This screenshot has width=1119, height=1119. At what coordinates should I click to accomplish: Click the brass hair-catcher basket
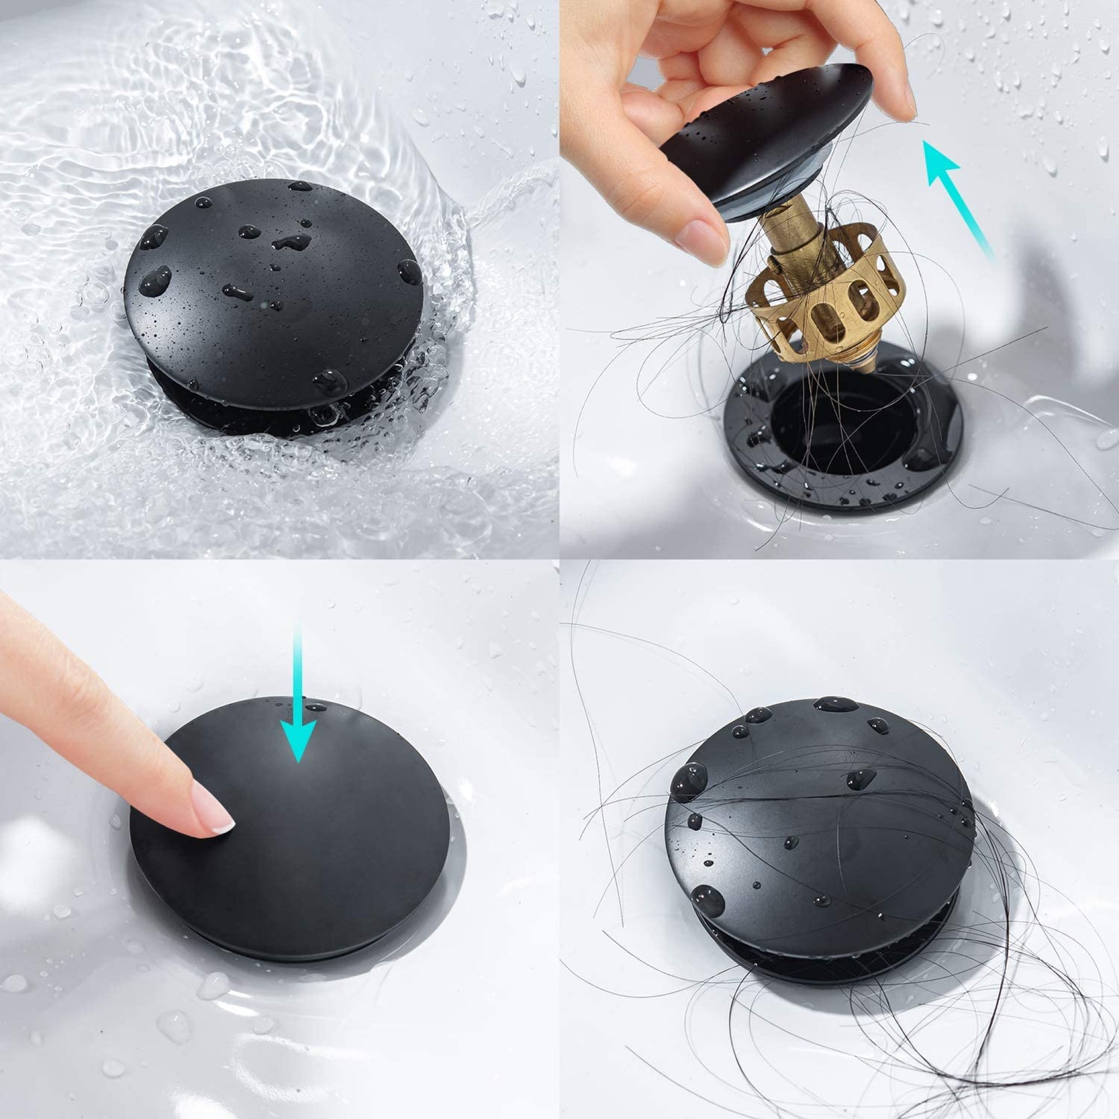point(828,290)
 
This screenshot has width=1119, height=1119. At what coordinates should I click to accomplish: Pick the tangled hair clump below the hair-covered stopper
point(927,1031)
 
